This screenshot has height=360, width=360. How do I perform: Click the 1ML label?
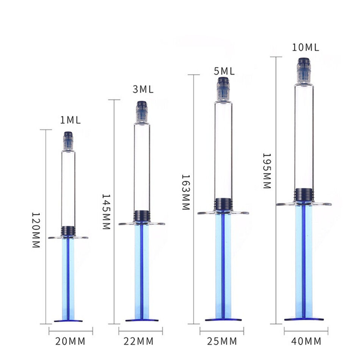click(70, 121)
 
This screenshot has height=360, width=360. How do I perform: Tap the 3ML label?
click(143, 89)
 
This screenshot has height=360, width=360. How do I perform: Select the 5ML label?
click(224, 71)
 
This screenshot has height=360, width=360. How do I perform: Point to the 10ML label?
click(305, 47)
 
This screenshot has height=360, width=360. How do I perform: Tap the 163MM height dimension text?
click(186, 192)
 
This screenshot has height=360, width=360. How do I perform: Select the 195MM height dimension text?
click(267, 171)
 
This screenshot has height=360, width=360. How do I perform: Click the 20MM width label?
click(70, 341)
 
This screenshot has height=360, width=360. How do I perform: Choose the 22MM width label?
click(139, 341)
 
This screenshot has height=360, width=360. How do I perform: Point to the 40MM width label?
click(306, 341)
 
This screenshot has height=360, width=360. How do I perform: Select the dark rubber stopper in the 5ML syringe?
click(223, 204)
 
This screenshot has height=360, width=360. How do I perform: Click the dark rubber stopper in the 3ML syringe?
click(142, 216)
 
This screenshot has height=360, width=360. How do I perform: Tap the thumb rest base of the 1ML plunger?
click(68, 321)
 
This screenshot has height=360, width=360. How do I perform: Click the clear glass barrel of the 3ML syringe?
click(142, 167)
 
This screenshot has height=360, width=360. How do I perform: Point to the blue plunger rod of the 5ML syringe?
click(223, 265)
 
